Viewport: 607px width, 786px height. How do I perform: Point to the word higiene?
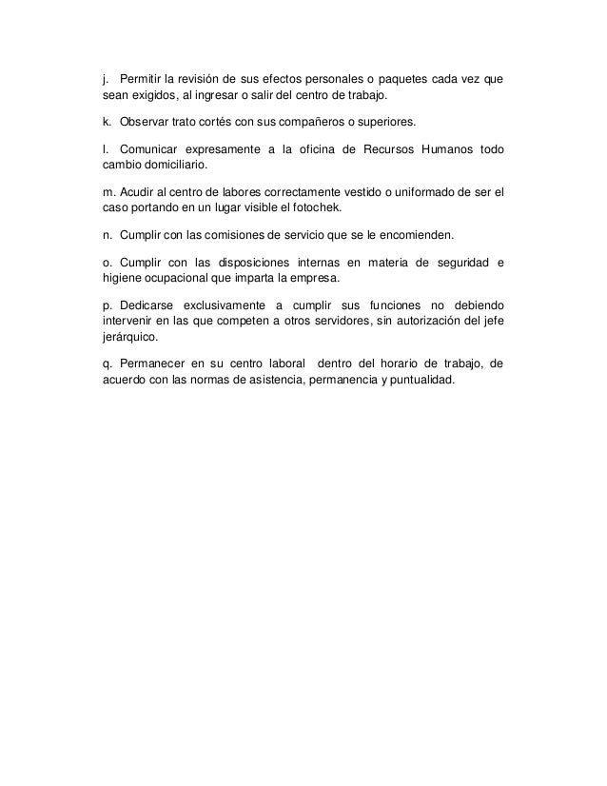[x=125, y=280]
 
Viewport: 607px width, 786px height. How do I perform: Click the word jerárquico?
[x=131, y=337]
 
